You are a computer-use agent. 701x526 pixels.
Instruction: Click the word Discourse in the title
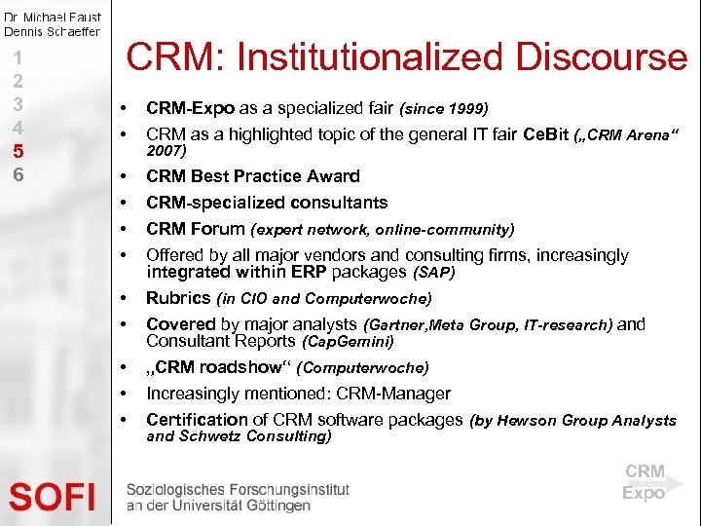click(x=601, y=58)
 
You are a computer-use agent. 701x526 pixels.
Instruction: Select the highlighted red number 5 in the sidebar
click(x=17, y=151)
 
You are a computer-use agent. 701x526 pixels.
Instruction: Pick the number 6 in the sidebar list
click(x=17, y=174)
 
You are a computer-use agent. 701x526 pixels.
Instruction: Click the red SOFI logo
click(x=53, y=498)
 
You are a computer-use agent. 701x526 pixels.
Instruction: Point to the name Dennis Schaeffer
click(x=52, y=31)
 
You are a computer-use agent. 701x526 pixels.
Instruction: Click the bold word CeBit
click(x=547, y=134)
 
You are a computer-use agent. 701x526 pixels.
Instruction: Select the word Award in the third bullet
click(x=334, y=176)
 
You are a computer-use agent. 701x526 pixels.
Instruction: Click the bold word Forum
click(x=219, y=230)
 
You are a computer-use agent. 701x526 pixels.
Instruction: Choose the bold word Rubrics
click(x=178, y=298)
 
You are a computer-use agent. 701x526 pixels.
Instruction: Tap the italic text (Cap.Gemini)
click(x=349, y=343)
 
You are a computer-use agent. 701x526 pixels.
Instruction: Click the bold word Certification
click(x=197, y=420)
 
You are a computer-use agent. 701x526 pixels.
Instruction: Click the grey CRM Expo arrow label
click(x=646, y=482)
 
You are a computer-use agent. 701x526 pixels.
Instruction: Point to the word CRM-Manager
click(x=391, y=394)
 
